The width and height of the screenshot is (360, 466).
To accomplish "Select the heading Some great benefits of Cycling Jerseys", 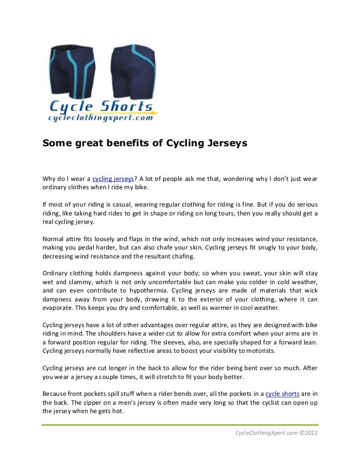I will [x=144, y=143].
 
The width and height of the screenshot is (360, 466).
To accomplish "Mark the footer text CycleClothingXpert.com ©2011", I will [x=275, y=433].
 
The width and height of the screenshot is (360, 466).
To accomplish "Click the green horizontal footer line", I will [x=180, y=424].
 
